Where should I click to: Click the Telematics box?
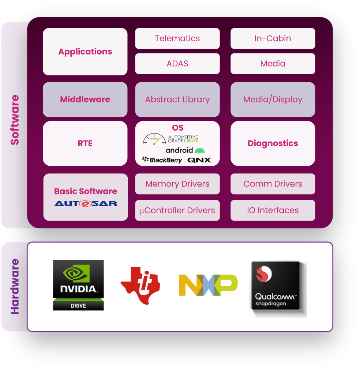(x=177, y=38)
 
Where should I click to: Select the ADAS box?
(x=177, y=64)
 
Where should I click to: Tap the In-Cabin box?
(x=273, y=38)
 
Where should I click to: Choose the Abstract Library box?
(x=177, y=99)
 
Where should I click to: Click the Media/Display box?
(x=273, y=99)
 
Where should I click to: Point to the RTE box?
(x=85, y=143)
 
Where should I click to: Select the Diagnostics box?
(x=273, y=143)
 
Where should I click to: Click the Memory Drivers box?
(x=177, y=184)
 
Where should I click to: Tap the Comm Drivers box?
(x=273, y=184)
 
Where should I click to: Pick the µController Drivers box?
(x=177, y=210)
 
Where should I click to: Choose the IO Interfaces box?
(x=273, y=210)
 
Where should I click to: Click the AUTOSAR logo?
(x=86, y=203)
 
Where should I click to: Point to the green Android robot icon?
(x=200, y=150)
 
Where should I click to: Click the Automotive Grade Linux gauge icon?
(x=154, y=139)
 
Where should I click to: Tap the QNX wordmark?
(x=199, y=160)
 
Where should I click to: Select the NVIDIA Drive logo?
(x=78, y=285)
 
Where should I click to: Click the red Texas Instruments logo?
(x=140, y=285)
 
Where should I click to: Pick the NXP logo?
(x=208, y=285)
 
